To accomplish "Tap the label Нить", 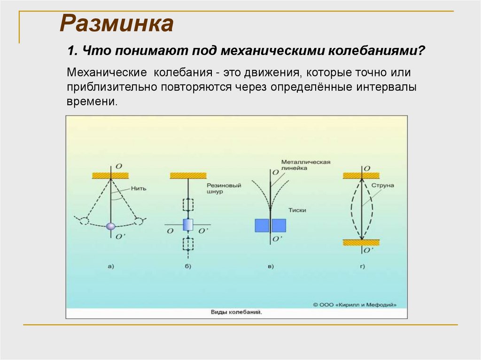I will click(140, 189).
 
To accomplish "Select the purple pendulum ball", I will click(111, 226).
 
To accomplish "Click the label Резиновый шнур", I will click(224, 188).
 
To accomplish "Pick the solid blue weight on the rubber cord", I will click(187, 225).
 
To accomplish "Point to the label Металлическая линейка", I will click(306, 164).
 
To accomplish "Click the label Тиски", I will click(298, 210).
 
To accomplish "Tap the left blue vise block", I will click(261, 225).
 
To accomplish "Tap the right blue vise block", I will click(279, 225).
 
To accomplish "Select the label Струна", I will click(383, 185).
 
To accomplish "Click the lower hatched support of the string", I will click(361, 242).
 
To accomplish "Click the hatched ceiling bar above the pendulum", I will click(110, 175).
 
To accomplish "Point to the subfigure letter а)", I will click(111, 267).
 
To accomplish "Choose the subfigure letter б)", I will click(188, 267).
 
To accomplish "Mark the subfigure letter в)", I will click(270, 267).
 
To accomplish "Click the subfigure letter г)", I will click(362, 267).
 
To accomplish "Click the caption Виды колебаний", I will click(236, 312).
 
